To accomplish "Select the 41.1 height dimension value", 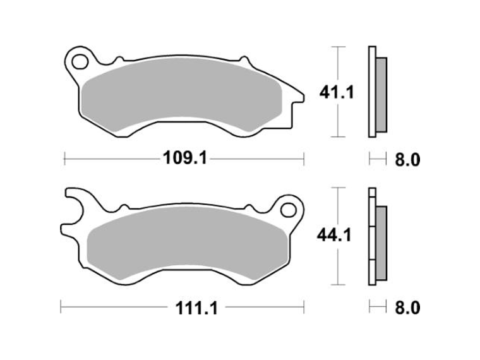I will click(334, 93).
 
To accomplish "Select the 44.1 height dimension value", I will click(334, 236).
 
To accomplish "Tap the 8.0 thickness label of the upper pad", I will click(407, 159).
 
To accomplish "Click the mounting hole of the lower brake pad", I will click(289, 208).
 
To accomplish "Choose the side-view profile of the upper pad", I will click(376, 92).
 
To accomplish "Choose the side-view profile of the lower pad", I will click(377, 237).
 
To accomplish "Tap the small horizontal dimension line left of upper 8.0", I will click(377, 159).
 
